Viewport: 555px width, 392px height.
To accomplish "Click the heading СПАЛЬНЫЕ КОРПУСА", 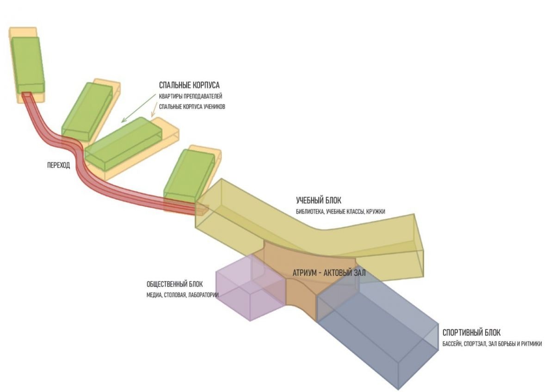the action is (x=189, y=85).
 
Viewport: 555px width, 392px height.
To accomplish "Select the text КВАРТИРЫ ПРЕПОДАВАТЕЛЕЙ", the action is (x=191, y=96).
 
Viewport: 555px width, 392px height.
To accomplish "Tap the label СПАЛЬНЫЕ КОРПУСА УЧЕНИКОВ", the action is (x=192, y=107).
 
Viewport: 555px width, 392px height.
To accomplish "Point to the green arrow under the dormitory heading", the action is (x=137, y=109).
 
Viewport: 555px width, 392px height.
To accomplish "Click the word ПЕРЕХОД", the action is (x=58, y=165).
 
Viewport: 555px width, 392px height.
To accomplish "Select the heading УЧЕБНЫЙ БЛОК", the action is (x=318, y=200).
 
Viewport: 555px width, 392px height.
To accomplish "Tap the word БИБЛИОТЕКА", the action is (x=310, y=212).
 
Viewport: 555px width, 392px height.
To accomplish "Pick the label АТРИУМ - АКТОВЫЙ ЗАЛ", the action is (x=329, y=273).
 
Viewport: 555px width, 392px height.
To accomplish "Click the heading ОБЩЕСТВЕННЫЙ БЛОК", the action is (x=175, y=284).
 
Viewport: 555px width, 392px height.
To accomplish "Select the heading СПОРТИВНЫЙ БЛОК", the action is (x=471, y=332).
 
